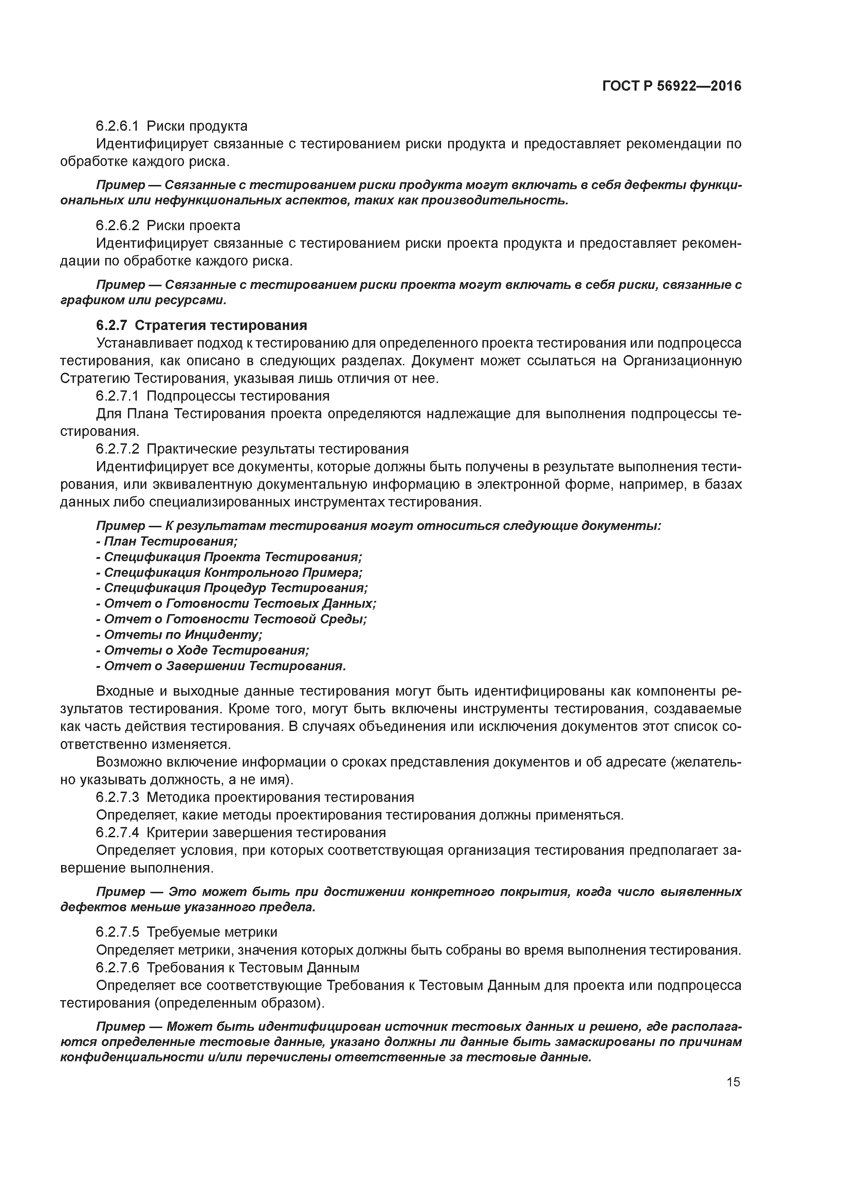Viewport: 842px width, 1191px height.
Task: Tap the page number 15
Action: click(x=733, y=1082)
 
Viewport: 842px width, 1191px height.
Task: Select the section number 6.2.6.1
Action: click(x=117, y=126)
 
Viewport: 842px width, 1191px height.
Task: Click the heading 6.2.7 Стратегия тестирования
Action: click(x=201, y=325)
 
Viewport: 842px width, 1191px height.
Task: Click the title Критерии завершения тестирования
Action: click(x=266, y=832)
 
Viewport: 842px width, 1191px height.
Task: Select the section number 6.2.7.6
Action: click(x=117, y=967)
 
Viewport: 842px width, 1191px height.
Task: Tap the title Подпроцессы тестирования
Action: click(x=238, y=396)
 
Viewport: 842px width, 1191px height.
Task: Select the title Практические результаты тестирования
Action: click(x=277, y=449)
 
